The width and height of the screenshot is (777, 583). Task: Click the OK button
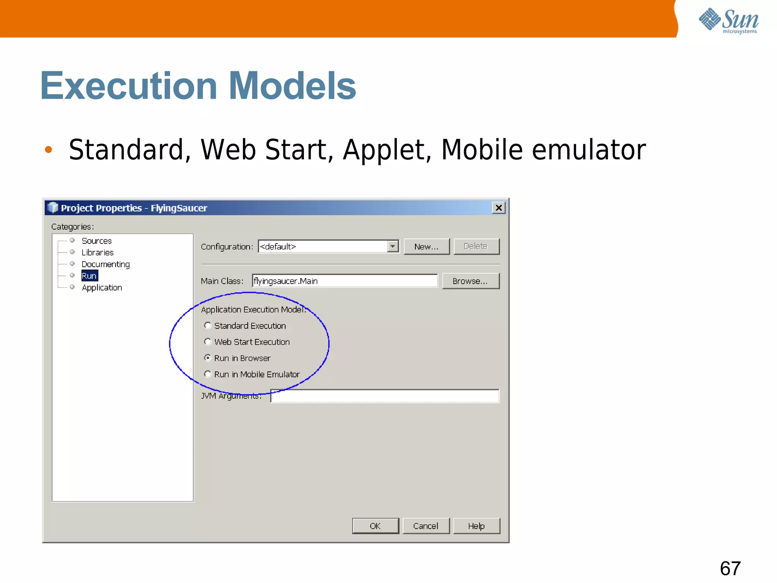(x=375, y=526)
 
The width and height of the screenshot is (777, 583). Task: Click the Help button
(x=476, y=526)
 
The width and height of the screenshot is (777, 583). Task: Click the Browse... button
(x=470, y=281)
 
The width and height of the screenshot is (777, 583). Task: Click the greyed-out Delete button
(x=476, y=246)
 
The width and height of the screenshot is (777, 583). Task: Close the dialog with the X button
(x=499, y=208)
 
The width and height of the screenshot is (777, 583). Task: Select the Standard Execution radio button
(x=208, y=326)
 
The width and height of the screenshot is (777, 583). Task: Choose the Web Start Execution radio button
(x=208, y=342)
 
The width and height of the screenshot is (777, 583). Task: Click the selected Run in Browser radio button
(x=208, y=358)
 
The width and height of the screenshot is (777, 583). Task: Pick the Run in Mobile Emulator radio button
(x=208, y=374)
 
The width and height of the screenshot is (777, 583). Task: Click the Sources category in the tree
(x=96, y=241)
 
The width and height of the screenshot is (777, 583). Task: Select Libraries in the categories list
(x=98, y=252)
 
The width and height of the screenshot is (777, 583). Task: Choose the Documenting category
(x=105, y=264)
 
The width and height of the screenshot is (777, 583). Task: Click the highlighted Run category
(x=89, y=276)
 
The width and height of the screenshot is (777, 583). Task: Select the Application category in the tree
(x=102, y=288)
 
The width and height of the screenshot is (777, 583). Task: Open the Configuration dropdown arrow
(x=393, y=246)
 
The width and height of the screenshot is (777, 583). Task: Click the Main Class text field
(x=344, y=281)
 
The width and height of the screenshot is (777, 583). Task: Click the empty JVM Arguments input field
(x=385, y=396)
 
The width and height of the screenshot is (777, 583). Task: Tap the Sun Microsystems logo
(x=728, y=20)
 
